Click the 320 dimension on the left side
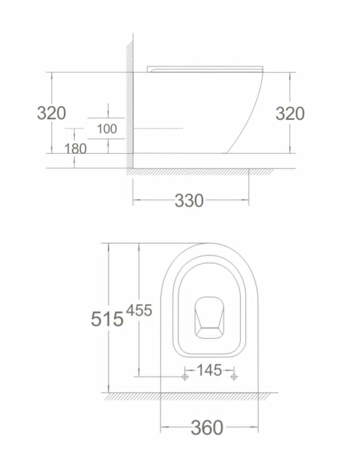pyautogui.click(x=51, y=113)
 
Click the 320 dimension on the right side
pyautogui.click(x=290, y=114)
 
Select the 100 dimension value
pyautogui.click(x=107, y=129)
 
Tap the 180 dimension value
pyautogui.click(x=75, y=148)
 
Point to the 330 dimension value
pyautogui.click(x=189, y=201)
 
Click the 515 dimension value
pyautogui.click(x=107, y=319)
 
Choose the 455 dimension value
pyautogui.click(x=139, y=310)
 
